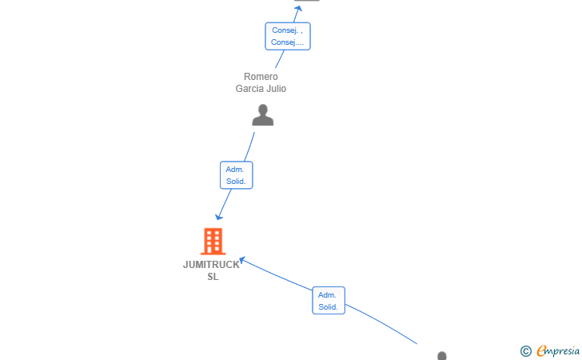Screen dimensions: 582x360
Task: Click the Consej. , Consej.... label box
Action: tap(288, 36)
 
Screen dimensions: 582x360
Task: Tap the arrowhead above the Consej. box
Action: tap(297, 9)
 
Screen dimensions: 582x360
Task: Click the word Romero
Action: tap(261, 77)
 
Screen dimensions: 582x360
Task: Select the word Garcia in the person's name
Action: tap(247, 89)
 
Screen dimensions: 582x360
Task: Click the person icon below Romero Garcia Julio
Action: tap(263, 115)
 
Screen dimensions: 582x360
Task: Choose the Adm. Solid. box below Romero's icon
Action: tap(237, 175)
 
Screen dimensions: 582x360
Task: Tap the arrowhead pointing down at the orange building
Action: tap(219, 216)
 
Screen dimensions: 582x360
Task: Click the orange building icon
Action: tap(213, 241)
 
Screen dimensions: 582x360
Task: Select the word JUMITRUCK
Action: tap(211, 265)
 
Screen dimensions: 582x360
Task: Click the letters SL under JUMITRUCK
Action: tap(213, 277)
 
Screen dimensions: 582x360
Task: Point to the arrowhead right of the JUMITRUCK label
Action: tap(242, 260)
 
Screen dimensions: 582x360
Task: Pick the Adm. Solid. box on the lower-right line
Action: tap(329, 300)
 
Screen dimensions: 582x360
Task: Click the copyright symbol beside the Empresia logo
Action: tap(526, 351)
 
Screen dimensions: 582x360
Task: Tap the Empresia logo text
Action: tap(558, 350)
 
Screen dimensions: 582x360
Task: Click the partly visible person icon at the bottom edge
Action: tap(441, 355)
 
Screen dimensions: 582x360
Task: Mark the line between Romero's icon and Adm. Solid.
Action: tap(249, 146)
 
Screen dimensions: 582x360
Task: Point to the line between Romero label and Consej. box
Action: tap(280, 59)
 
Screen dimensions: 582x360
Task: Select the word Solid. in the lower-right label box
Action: tap(328, 307)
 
